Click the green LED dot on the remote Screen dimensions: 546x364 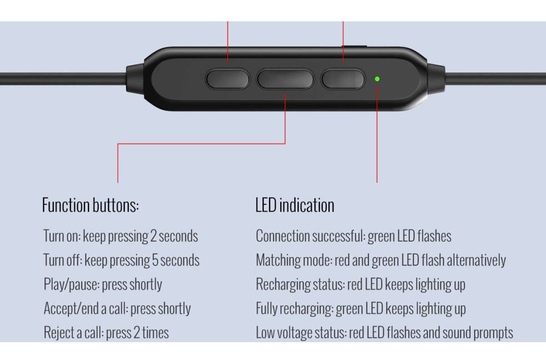click(x=377, y=79)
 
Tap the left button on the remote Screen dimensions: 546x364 click(x=227, y=79)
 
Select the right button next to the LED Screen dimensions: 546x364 click(x=343, y=79)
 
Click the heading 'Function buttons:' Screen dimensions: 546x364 click(x=91, y=205)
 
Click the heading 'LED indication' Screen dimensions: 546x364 click(x=295, y=205)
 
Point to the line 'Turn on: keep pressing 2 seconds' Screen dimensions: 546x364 click(x=121, y=236)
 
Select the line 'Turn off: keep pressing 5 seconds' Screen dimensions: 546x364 click(x=121, y=260)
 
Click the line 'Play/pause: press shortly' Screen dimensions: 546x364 click(x=103, y=284)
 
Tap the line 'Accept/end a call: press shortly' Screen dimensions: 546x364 click(x=117, y=308)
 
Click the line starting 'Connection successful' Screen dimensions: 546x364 click(x=354, y=236)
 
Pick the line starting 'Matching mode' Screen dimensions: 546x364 click(x=381, y=260)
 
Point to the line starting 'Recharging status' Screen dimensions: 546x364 click(x=360, y=284)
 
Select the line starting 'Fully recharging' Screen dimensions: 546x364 click(x=361, y=308)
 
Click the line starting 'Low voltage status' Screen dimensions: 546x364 click(x=384, y=333)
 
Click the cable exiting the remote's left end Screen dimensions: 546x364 click(x=63, y=79)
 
